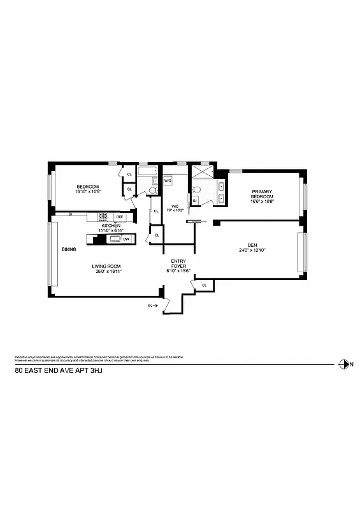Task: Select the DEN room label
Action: tap(252, 244)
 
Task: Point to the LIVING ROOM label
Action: tap(106, 266)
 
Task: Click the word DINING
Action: tap(69, 249)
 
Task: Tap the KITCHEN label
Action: tap(110, 224)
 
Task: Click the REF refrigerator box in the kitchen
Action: tap(119, 217)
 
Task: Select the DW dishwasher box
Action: tap(126, 239)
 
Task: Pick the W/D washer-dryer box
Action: tap(168, 181)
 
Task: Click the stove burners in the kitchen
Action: tap(103, 217)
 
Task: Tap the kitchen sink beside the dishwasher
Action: tap(115, 239)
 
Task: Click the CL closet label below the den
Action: tap(204, 285)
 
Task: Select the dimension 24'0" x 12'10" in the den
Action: tap(252, 251)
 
